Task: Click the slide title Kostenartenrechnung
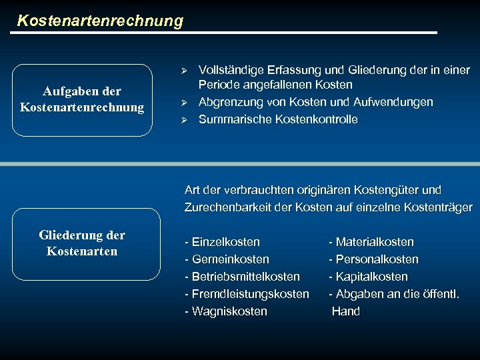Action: coord(100,21)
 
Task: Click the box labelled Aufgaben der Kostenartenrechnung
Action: coord(82,99)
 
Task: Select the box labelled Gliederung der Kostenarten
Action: coord(82,243)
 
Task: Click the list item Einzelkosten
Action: coord(223,242)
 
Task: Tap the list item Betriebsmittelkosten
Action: coord(243,277)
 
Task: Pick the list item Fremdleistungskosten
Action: coord(247,294)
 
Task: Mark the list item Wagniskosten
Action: coord(227,311)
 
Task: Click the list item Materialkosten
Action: coord(371,242)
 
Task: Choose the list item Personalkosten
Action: coord(374,259)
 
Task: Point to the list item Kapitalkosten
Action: coord(369,277)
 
